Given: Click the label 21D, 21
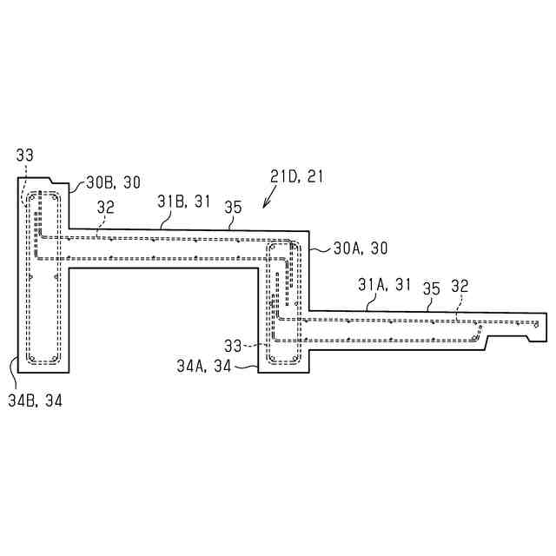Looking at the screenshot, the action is (x=297, y=176).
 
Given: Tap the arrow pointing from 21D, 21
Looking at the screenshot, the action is (x=269, y=198).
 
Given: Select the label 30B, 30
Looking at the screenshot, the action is (x=114, y=182).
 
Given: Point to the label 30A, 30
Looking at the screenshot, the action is (x=361, y=248).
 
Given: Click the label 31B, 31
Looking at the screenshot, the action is (x=184, y=202).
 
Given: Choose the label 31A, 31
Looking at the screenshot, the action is (x=384, y=285).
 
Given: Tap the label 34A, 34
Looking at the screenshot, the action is (x=204, y=367).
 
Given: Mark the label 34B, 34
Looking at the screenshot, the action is (x=35, y=400).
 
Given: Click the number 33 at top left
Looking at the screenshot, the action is (x=25, y=156).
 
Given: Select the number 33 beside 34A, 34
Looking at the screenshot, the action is (x=233, y=346).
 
